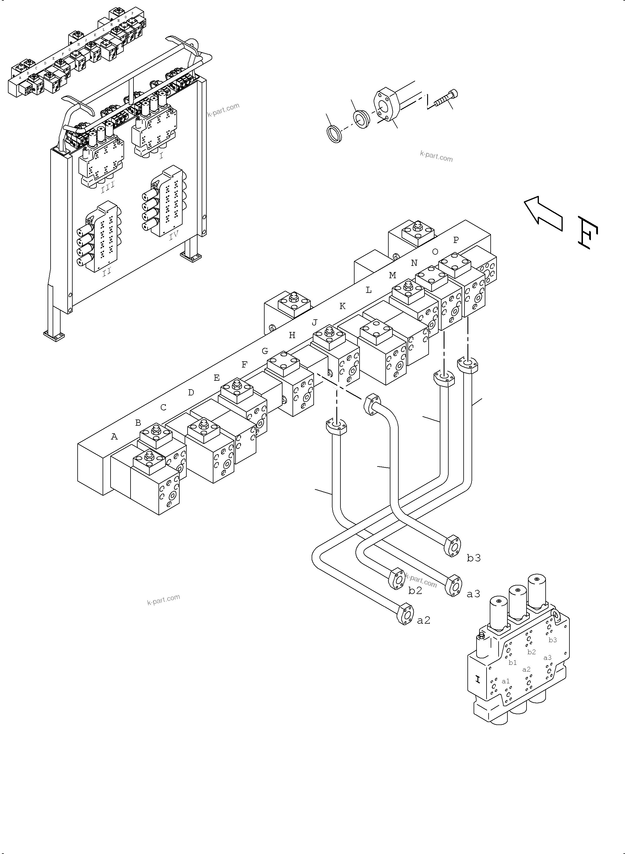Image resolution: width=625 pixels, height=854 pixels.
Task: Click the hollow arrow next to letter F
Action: (x=542, y=214)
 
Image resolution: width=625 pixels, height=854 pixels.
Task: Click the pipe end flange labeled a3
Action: (x=454, y=586)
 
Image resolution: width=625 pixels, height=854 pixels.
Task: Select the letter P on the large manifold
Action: (x=456, y=240)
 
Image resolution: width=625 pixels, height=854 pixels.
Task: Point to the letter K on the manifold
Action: (x=342, y=306)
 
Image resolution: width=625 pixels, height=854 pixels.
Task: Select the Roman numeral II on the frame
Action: (x=107, y=271)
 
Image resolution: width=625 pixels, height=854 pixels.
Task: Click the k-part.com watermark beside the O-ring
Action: (x=436, y=156)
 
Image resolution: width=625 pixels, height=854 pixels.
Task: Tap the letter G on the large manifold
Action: (x=265, y=351)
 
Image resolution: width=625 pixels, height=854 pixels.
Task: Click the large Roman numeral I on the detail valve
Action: (x=478, y=679)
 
